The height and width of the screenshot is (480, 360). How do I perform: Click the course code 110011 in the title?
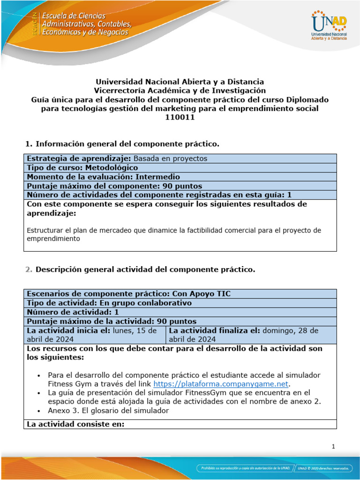point(180,118)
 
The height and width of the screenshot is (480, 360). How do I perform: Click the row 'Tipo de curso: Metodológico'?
point(82,167)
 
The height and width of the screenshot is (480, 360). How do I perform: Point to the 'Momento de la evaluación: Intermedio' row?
point(103,177)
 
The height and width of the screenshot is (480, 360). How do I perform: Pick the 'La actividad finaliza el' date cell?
point(251,335)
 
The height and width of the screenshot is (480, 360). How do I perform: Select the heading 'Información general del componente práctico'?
point(127,143)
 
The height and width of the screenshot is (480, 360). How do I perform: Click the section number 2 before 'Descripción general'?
point(29,270)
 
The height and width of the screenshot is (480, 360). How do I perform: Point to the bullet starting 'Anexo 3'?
point(108,411)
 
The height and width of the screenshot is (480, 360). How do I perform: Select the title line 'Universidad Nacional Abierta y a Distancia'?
point(180,82)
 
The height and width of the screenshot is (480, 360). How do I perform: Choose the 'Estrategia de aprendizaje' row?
point(117,158)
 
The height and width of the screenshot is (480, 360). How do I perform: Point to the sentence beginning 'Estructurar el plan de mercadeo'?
point(173,234)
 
